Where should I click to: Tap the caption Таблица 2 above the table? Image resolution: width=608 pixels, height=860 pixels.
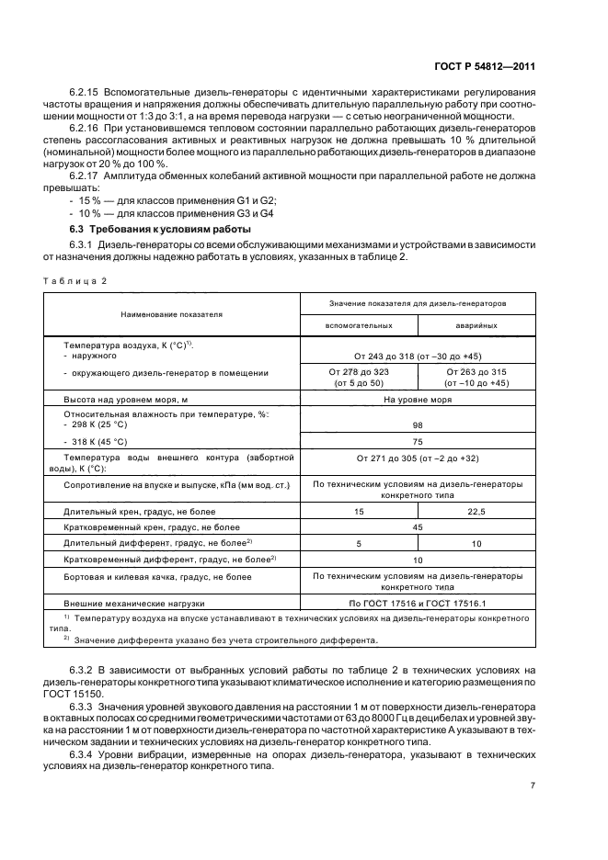click(75, 280)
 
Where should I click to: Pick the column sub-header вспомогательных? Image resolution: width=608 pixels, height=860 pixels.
click(360, 325)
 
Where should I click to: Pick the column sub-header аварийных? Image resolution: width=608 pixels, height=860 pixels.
click(476, 325)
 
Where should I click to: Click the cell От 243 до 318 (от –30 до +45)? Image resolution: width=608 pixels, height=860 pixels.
click(418, 356)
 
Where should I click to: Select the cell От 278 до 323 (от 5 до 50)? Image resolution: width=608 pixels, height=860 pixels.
click(360, 377)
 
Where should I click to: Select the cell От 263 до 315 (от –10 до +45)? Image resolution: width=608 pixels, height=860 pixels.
click(476, 377)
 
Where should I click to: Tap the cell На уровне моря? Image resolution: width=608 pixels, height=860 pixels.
click(418, 400)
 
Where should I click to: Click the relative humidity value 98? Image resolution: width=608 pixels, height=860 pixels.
click(418, 425)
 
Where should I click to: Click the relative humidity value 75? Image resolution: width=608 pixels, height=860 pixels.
click(418, 440)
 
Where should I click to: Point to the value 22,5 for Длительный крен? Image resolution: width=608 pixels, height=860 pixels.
click(476, 510)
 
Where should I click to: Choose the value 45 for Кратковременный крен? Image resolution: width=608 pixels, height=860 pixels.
click(418, 526)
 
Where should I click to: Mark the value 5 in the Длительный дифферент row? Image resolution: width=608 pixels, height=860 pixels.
click(360, 543)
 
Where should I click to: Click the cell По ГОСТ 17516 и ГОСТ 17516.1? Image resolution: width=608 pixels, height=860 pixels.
click(418, 603)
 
